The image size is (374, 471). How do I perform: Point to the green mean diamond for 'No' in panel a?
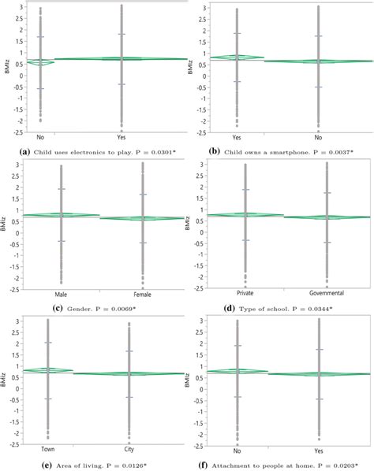[39, 61]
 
